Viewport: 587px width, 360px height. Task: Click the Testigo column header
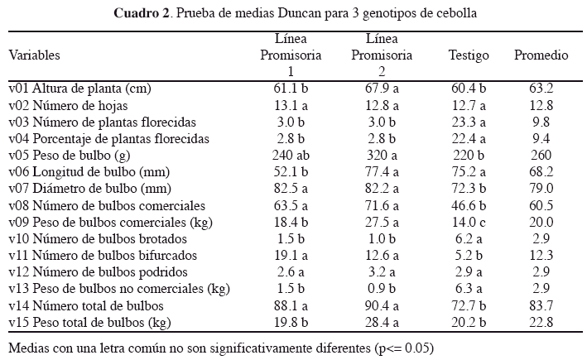(x=469, y=55)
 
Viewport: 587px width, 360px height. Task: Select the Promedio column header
(x=541, y=55)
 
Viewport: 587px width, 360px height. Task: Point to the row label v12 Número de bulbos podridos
(x=98, y=272)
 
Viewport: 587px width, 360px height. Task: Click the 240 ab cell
(x=291, y=154)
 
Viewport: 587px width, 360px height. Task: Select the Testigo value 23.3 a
(x=469, y=121)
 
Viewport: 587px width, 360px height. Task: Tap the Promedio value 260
(x=541, y=154)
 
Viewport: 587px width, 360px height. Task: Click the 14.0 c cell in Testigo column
(x=469, y=222)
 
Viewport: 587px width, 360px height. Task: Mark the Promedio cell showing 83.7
(x=541, y=305)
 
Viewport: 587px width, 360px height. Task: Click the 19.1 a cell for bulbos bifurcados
(x=291, y=256)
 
